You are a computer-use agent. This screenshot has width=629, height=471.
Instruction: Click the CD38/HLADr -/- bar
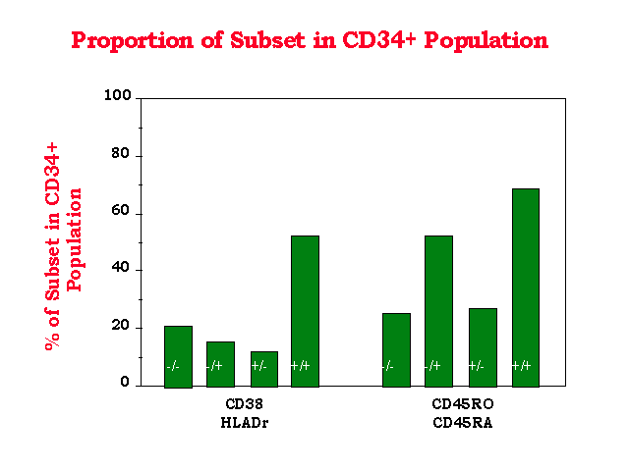click(178, 357)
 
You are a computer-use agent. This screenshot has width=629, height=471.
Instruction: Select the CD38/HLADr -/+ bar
click(220, 364)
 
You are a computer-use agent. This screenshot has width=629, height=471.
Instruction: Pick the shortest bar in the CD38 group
click(264, 369)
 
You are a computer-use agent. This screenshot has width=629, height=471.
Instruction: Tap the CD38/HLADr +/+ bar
click(305, 311)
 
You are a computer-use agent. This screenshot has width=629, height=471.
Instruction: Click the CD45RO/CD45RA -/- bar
click(396, 350)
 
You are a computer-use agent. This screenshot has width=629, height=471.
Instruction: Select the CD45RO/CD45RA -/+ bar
click(438, 311)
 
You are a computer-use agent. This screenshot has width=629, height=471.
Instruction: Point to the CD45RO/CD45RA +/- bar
click(483, 347)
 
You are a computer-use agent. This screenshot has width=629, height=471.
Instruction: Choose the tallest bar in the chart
click(526, 288)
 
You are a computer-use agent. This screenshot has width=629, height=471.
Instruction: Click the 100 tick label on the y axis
click(118, 95)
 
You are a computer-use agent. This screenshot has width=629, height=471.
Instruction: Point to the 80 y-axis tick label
click(120, 153)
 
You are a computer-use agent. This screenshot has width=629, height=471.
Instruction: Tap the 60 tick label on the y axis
click(120, 211)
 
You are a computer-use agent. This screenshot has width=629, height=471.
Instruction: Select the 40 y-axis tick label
click(120, 268)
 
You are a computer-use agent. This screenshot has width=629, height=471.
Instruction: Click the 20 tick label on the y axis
click(120, 326)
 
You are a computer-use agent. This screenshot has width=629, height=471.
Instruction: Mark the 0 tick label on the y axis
click(125, 383)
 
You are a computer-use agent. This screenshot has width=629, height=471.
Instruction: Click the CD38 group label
click(245, 404)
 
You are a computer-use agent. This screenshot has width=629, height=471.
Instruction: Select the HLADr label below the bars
click(245, 423)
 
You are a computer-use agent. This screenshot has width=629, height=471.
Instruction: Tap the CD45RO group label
click(463, 404)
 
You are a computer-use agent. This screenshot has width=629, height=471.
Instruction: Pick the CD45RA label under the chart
click(463, 423)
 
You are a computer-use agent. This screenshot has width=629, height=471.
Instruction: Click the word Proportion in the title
click(133, 41)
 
